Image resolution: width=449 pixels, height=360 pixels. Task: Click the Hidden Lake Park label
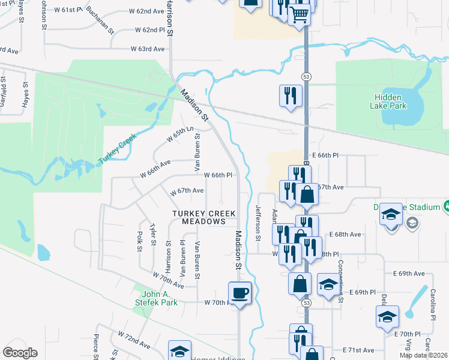click(390, 101)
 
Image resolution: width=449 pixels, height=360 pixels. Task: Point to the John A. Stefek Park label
click(160, 298)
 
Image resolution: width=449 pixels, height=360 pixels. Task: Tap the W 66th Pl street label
click(218, 175)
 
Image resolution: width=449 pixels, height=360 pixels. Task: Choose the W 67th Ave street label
click(187, 190)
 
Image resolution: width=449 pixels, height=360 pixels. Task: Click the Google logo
click(20, 353)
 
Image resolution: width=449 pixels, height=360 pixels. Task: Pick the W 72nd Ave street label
click(134, 340)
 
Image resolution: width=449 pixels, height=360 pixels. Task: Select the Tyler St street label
click(153, 235)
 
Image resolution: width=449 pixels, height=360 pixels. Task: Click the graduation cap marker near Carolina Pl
click(387, 316)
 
